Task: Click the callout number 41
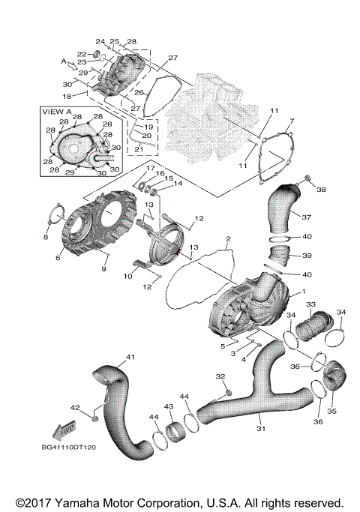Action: (x=130, y=356)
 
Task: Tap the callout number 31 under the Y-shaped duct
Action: (x=261, y=429)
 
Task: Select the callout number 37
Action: (x=305, y=217)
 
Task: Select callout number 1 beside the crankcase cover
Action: (x=302, y=292)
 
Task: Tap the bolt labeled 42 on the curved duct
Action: (x=96, y=416)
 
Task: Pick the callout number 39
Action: (x=307, y=256)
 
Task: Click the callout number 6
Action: (x=58, y=259)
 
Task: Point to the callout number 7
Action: (x=292, y=121)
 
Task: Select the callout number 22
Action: (x=81, y=55)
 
